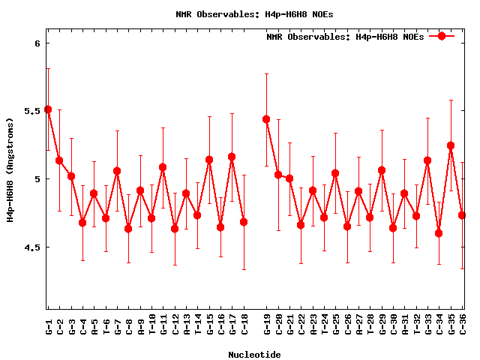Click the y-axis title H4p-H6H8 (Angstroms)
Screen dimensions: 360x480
[x=10, y=169]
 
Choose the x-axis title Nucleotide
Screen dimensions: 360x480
[x=255, y=355]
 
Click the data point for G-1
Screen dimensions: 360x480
[x=48, y=109]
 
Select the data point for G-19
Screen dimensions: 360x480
[x=266, y=119]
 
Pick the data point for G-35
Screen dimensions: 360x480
[x=451, y=145]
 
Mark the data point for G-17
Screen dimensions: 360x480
[x=232, y=157]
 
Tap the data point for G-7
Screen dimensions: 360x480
[x=117, y=171]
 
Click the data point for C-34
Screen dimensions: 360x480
[x=439, y=233]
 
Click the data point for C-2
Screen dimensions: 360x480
[x=59, y=160]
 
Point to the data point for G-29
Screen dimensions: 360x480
[x=382, y=170]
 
